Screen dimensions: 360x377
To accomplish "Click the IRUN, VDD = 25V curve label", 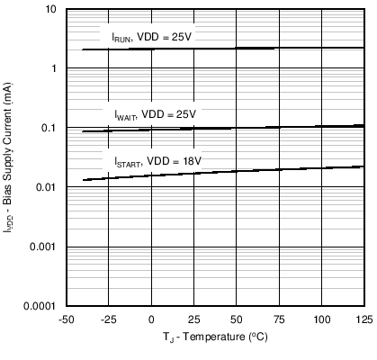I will coord(152,37).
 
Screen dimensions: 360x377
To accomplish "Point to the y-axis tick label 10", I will coord(51,9).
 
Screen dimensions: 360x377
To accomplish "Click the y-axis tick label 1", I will coord(55,68).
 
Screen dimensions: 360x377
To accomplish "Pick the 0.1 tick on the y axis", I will coord(50,128).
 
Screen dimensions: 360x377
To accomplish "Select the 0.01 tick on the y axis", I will coord(48,187).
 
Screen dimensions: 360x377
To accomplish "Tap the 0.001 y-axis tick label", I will coord(45,247).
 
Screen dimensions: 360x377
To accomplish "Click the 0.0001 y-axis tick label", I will coord(42,306).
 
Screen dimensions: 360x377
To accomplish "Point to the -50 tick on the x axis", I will coord(66,319).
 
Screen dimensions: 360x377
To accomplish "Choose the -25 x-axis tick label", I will coord(108,319).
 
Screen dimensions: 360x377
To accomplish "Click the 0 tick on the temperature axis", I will coord(151,319).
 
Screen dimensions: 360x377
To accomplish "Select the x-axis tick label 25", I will coord(193,319).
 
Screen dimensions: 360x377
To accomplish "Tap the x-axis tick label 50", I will coord(236,319).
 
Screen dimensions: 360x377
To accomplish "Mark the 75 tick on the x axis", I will coord(279,319).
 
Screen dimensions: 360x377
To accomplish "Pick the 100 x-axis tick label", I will coord(321,319).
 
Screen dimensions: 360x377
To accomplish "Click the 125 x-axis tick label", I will coord(363,319).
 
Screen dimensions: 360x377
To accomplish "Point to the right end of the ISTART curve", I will coord(363,166).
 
